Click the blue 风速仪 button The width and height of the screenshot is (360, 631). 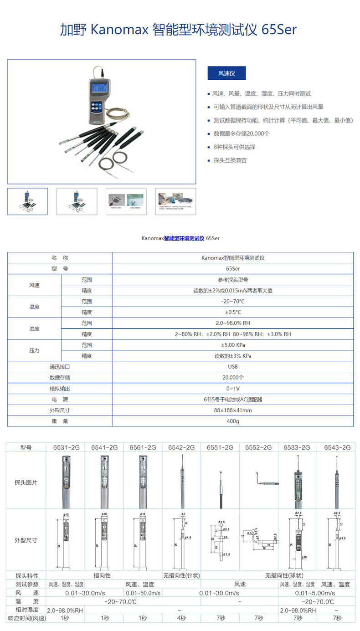226,73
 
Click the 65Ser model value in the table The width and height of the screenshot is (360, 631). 233,268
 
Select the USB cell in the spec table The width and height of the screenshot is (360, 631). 233,367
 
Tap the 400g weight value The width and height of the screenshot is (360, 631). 233,421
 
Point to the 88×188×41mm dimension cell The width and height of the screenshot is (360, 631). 233,410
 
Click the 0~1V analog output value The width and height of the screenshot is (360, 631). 233,389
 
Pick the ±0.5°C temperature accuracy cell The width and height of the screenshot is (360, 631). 233,312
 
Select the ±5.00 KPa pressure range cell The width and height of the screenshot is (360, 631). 233,345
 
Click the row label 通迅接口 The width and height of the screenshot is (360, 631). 60,367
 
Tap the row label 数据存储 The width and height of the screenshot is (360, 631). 60,378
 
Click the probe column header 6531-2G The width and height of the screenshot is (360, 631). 66,447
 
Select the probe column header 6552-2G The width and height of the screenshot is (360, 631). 258,447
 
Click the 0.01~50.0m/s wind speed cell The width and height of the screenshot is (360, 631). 143,593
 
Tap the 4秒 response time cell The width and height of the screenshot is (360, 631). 181,618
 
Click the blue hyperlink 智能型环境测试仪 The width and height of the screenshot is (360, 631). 184,238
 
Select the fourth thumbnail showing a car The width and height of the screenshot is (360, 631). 175,201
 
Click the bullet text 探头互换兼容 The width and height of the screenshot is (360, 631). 230,160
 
